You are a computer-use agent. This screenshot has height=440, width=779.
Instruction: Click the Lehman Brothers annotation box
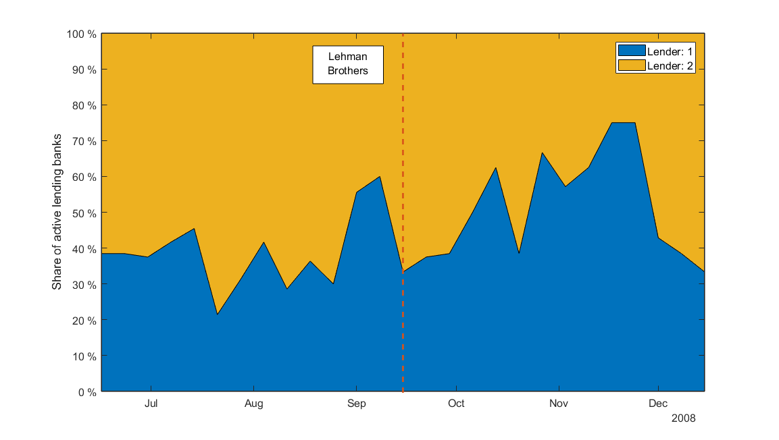(x=347, y=64)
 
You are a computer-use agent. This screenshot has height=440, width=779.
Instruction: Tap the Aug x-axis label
(x=253, y=404)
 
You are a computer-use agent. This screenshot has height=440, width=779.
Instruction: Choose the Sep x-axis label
(x=356, y=404)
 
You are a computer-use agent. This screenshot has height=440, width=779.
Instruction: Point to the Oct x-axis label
(x=456, y=404)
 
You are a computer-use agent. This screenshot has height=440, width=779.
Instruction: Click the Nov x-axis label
(x=559, y=404)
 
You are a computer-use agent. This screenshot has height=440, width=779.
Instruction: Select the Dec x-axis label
(x=658, y=404)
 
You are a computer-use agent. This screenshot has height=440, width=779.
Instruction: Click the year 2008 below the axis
(x=683, y=418)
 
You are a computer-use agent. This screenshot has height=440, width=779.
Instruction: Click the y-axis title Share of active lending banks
(x=57, y=213)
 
